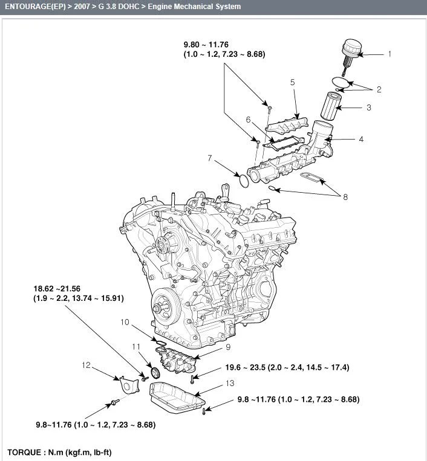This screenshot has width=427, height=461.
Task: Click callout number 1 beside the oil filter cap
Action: point(390,54)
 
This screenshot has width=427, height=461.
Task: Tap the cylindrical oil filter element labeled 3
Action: point(332,106)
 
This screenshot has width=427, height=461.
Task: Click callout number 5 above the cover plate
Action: point(292,82)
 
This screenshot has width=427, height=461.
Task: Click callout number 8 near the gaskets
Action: point(345,197)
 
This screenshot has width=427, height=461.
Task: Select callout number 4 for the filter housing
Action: point(361,139)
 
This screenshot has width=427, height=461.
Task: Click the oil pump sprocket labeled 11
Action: point(155,373)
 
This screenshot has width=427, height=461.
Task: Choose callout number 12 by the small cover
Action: point(86,365)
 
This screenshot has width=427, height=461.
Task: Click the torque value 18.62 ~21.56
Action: point(57,289)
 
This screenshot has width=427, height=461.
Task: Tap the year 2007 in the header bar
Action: point(82,7)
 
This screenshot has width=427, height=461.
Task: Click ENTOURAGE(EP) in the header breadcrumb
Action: point(35,7)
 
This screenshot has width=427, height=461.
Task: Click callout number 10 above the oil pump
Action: point(125,322)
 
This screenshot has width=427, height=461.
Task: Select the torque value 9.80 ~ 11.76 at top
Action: point(206,45)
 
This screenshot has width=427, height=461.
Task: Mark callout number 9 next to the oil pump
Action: point(228,347)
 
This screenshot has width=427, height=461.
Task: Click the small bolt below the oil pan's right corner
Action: point(204,411)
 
